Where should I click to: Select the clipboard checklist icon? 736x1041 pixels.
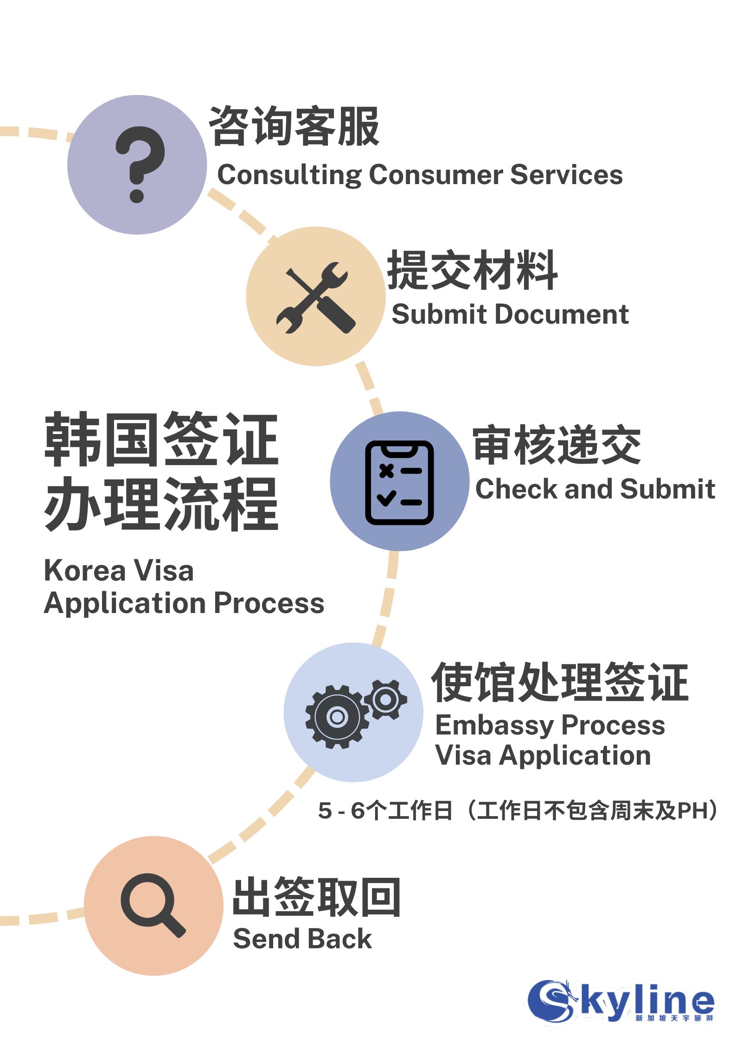point(399,482)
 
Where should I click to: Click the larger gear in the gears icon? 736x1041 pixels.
point(337,716)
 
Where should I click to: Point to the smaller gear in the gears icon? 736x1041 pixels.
point(386,700)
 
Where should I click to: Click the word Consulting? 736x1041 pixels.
point(289,175)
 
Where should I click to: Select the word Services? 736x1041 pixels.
point(566,175)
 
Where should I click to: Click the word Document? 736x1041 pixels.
point(562,314)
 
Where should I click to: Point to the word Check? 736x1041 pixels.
point(516,489)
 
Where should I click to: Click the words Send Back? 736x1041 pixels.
point(302,939)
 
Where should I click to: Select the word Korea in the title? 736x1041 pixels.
point(84,570)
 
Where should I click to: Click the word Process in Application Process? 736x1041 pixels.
point(269,603)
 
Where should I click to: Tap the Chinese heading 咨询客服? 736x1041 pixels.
point(294,126)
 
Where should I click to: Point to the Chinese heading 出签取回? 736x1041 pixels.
point(316,897)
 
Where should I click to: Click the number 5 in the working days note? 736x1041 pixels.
point(325,811)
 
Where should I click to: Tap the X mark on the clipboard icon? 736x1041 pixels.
point(386,471)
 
